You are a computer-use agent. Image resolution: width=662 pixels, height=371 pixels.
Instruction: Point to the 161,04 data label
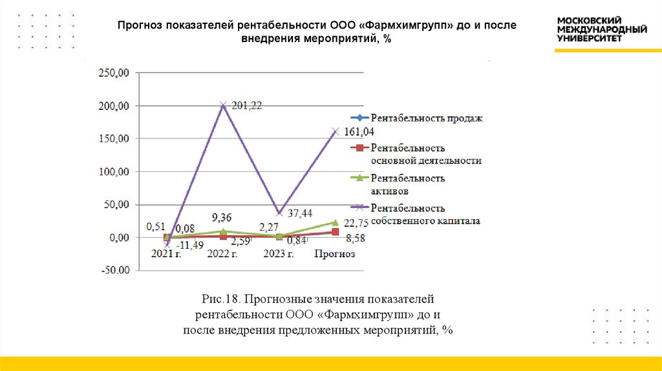pyautogui.click(x=359, y=132)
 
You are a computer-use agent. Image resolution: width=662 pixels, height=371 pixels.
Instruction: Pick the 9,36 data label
pyautogui.click(x=223, y=217)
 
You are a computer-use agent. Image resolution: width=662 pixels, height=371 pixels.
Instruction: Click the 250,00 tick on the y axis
pyautogui.click(x=113, y=73)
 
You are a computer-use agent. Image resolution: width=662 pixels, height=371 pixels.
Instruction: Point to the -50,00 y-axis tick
pyautogui.click(x=113, y=271)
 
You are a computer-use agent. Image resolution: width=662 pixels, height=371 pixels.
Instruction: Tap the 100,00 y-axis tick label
pyautogui.click(x=113, y=172)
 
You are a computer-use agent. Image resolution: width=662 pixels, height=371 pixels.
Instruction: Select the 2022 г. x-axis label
pyautogui.click(x=222, y=254)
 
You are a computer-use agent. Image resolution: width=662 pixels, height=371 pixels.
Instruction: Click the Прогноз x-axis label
pyautogui.click(x=335, y=254)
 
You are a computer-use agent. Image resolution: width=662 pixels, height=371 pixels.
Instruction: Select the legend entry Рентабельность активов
pyautogui.click(x=407, y=184)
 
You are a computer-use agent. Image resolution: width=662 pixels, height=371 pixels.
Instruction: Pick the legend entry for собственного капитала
pyautogui.click(x=425, y=214)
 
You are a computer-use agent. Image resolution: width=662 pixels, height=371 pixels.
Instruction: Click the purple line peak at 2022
pyautogui.click(x=223, y=105)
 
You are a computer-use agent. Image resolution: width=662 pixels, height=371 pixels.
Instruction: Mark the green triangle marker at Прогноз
pyautogui.click(x=335, y=222)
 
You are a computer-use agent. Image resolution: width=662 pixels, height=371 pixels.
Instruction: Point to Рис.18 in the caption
pyautogui.click(x=223, y=299)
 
